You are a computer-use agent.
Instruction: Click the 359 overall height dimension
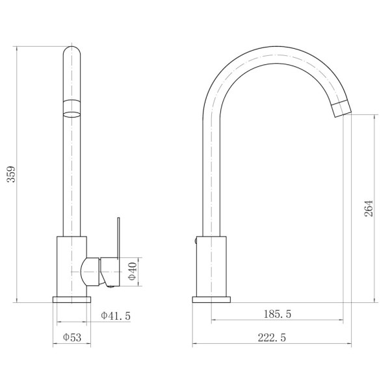click(11, 174)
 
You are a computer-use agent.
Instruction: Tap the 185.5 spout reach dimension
click(277, 314)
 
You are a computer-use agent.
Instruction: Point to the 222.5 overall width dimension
click(272, 338)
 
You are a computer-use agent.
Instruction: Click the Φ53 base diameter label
click(72, 337)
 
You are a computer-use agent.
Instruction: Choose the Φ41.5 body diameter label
click(116, 316)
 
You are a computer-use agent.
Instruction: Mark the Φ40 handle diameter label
click(133, 271)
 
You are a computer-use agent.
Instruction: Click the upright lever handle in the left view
click(118, 237)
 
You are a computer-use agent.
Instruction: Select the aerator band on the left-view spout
click(72, 108)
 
